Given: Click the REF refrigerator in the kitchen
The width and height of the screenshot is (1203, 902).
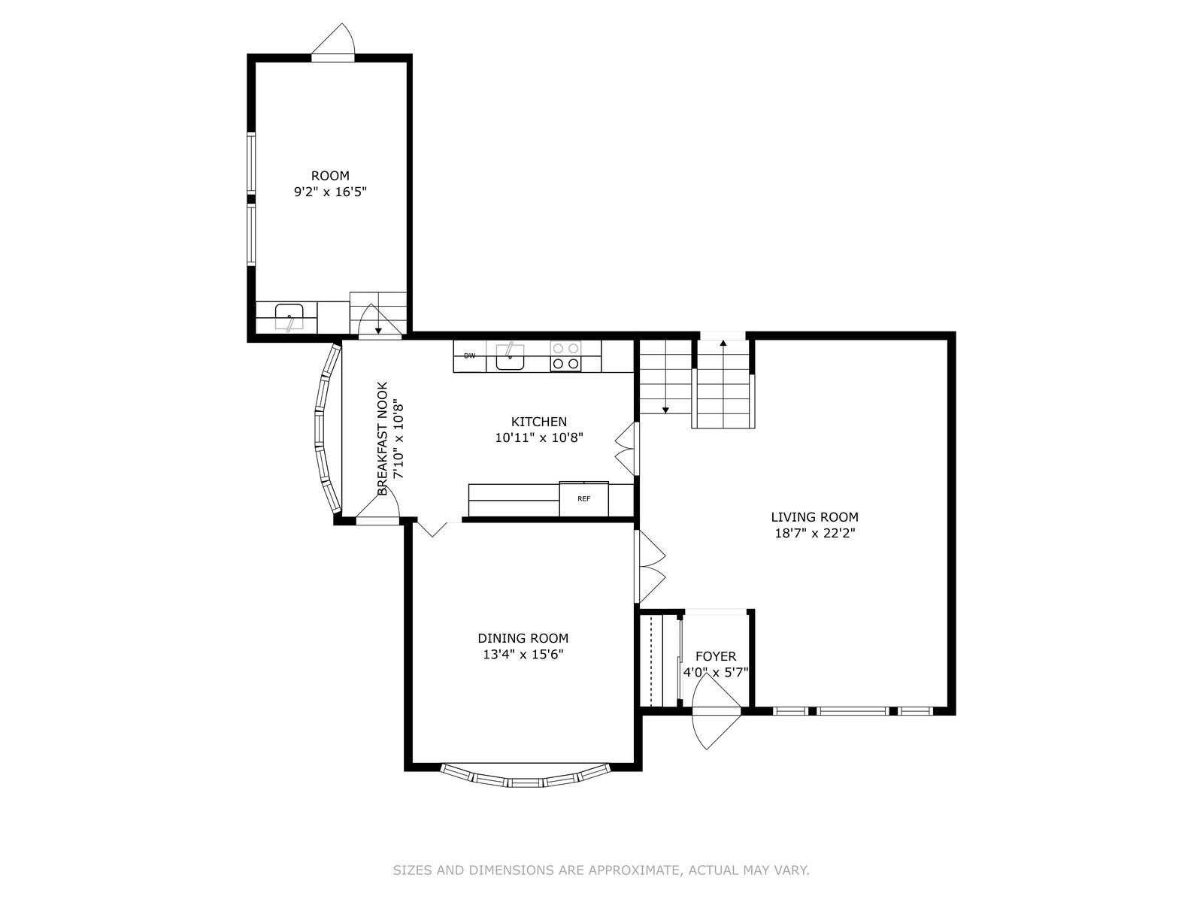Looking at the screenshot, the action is click(583, 498).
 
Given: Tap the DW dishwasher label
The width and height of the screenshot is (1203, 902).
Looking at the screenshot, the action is click(470, 356).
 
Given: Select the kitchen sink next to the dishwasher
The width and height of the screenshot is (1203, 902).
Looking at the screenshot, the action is click(510, 356).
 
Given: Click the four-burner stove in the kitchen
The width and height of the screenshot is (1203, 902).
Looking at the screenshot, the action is click(565, 356).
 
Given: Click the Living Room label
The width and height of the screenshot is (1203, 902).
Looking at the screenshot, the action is click(814, 516).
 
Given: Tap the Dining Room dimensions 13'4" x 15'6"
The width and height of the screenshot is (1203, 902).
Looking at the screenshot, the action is click(523, 654).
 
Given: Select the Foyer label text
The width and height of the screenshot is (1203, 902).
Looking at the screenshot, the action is click(716, 656).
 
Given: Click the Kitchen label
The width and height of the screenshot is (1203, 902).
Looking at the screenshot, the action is click(539, 422).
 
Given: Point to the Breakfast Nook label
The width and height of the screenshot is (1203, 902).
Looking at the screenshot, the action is click(383, 438).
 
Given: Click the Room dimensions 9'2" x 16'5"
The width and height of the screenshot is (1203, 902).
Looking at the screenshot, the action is click(330, 192).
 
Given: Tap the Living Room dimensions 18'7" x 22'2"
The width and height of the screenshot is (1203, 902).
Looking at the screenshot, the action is click(814, 533).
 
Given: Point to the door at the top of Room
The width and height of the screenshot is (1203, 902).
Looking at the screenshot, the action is click(333, 42).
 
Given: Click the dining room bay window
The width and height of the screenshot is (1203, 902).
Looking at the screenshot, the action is click(525, 776).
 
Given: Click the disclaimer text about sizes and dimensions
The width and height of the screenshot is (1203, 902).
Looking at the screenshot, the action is click(601, 870).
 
